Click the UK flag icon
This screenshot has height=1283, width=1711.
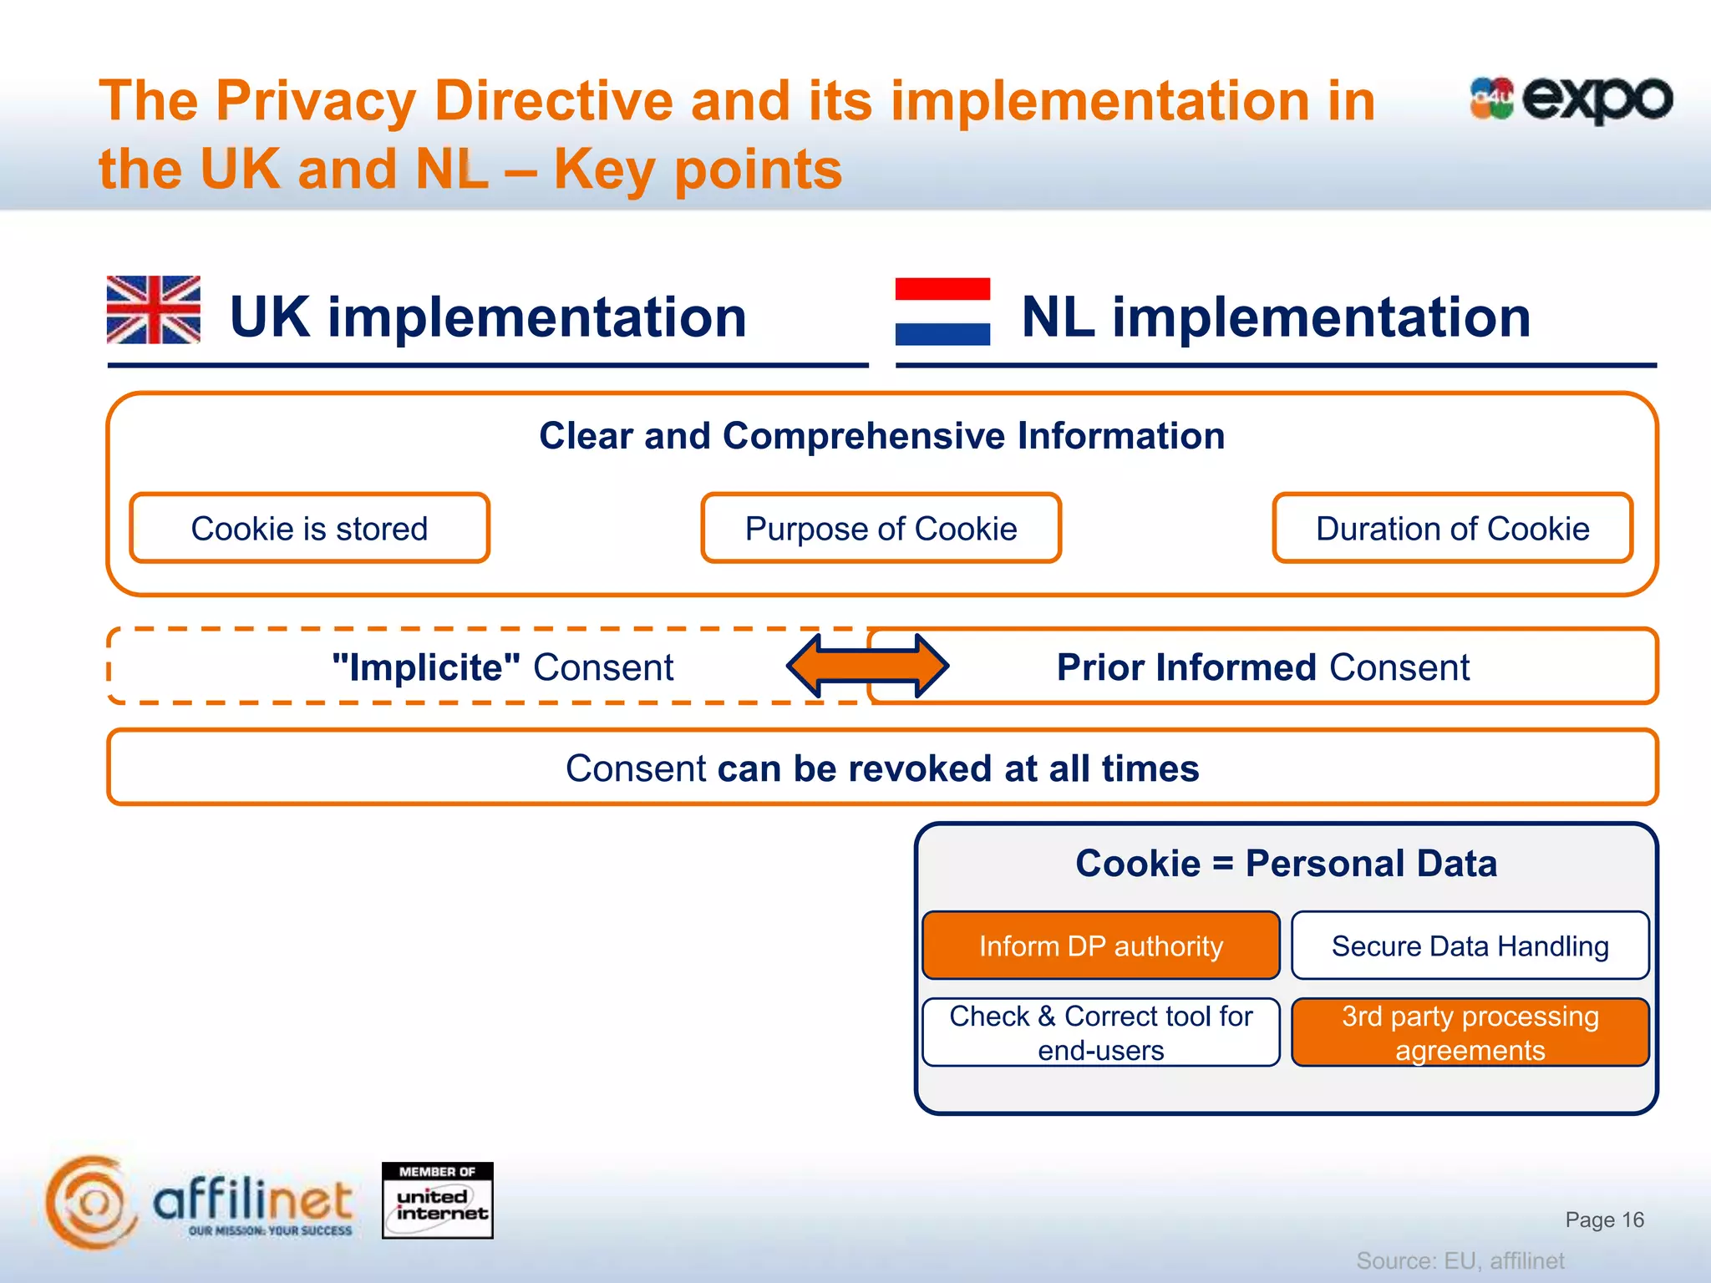coord(154,310)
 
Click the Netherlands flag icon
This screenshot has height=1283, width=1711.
coord(942,312)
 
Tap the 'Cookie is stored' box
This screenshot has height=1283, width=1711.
coord(309,529)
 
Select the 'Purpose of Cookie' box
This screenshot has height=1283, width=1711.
coord(881,529)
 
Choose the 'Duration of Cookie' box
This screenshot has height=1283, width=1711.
coord(1452,529)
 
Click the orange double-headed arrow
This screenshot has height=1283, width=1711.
coord(867,666)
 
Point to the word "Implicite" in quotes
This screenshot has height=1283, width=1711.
coord(426,667)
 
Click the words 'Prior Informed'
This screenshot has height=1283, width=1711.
coord(1186,667)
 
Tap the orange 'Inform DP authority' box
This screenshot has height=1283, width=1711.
coord(1100,946)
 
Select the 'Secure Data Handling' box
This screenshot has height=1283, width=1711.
coord(1470,946)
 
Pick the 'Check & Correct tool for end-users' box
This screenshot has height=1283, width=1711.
coord(1100,1032)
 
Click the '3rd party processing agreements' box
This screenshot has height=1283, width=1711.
coord(1470,1032)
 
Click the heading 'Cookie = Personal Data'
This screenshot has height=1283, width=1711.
coord(1286,863)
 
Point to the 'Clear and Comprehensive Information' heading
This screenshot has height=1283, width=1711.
coord(881,436)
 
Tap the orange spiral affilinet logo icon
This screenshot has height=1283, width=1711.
coord(90,1202)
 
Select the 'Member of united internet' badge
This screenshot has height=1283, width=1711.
coord(437,1200)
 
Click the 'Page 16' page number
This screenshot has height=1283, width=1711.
coord(1604,1220)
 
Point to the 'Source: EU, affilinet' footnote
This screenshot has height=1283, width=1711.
coord(1460,1260)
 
